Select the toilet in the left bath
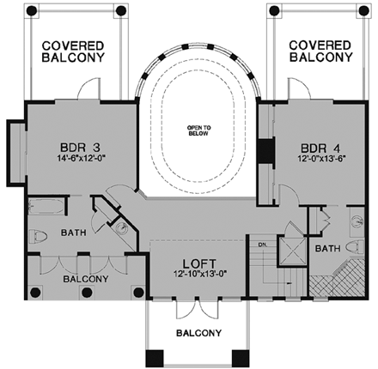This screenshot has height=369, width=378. click(37, 237)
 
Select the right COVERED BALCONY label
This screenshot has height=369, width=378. click(320, 51)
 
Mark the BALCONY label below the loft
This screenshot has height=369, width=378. click(198, 333)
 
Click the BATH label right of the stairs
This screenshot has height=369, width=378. click(327, 249)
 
